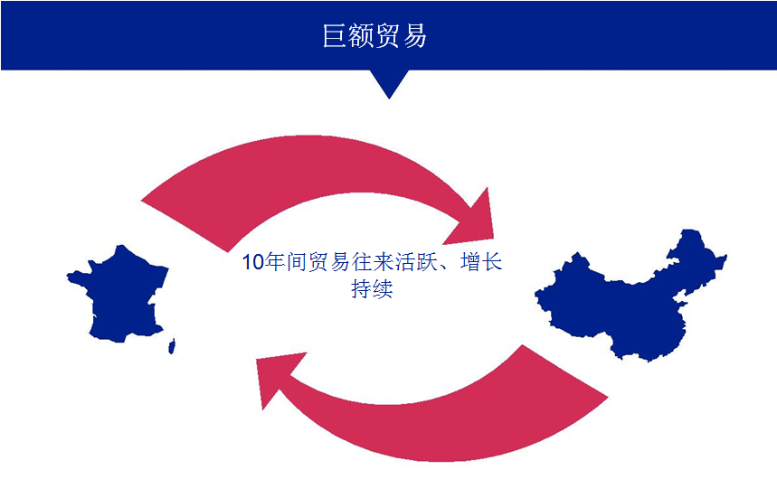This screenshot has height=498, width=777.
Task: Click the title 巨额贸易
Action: coord(374,36)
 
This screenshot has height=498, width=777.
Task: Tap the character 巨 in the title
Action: coord(336,36)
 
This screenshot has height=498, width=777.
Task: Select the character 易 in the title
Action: coord(414,36)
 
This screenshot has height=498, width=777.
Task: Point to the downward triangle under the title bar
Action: coord(388,82)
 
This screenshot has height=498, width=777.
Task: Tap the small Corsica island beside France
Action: coord(172,344)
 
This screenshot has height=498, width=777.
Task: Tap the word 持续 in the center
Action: coord(372,290)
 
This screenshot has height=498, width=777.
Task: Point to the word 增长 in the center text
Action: coord(481,263)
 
